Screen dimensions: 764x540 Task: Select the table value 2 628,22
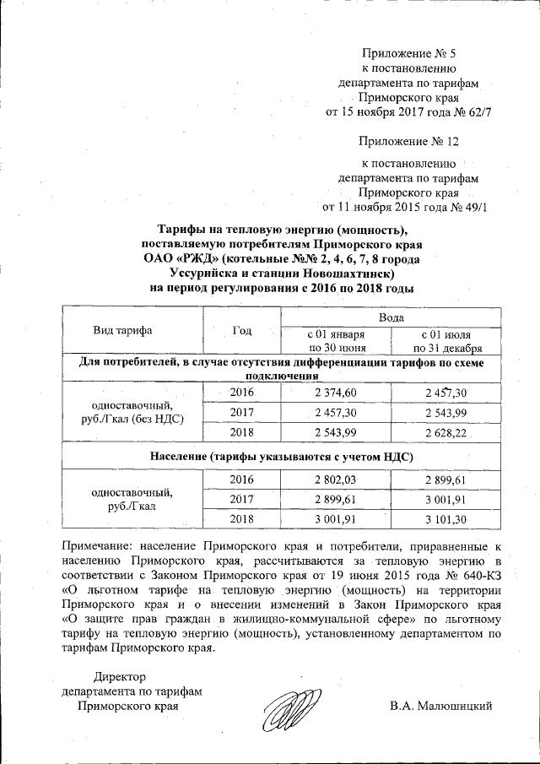(x=445, y=433)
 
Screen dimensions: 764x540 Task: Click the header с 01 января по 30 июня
(x=335, y=340)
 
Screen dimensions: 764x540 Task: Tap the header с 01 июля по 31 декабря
(x=445, y=340)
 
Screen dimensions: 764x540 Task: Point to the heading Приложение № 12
(x=409, y=140)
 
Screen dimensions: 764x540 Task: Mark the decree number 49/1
(x=472, y=205)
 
